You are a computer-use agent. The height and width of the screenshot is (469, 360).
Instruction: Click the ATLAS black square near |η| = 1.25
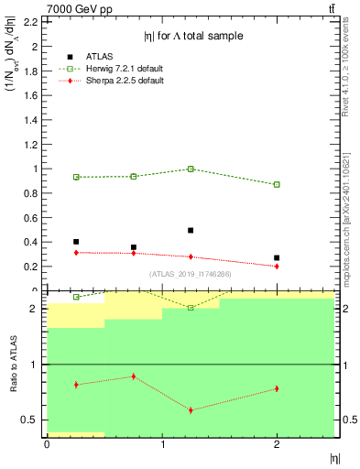(x=191, y=231)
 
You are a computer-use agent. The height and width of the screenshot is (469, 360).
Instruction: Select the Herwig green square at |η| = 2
(x=277, y=184)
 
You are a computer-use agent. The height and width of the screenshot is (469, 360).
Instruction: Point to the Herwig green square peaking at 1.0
(x=191, y=169)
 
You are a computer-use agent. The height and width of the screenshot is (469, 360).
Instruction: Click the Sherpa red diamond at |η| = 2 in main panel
(x=277, y=266)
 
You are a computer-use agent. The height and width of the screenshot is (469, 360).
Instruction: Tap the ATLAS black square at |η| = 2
(x=277, y=258)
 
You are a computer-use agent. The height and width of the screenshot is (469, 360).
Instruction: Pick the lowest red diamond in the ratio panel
(x=191, y=409)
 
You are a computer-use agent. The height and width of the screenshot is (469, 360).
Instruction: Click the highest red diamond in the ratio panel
(x=134, y=376)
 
